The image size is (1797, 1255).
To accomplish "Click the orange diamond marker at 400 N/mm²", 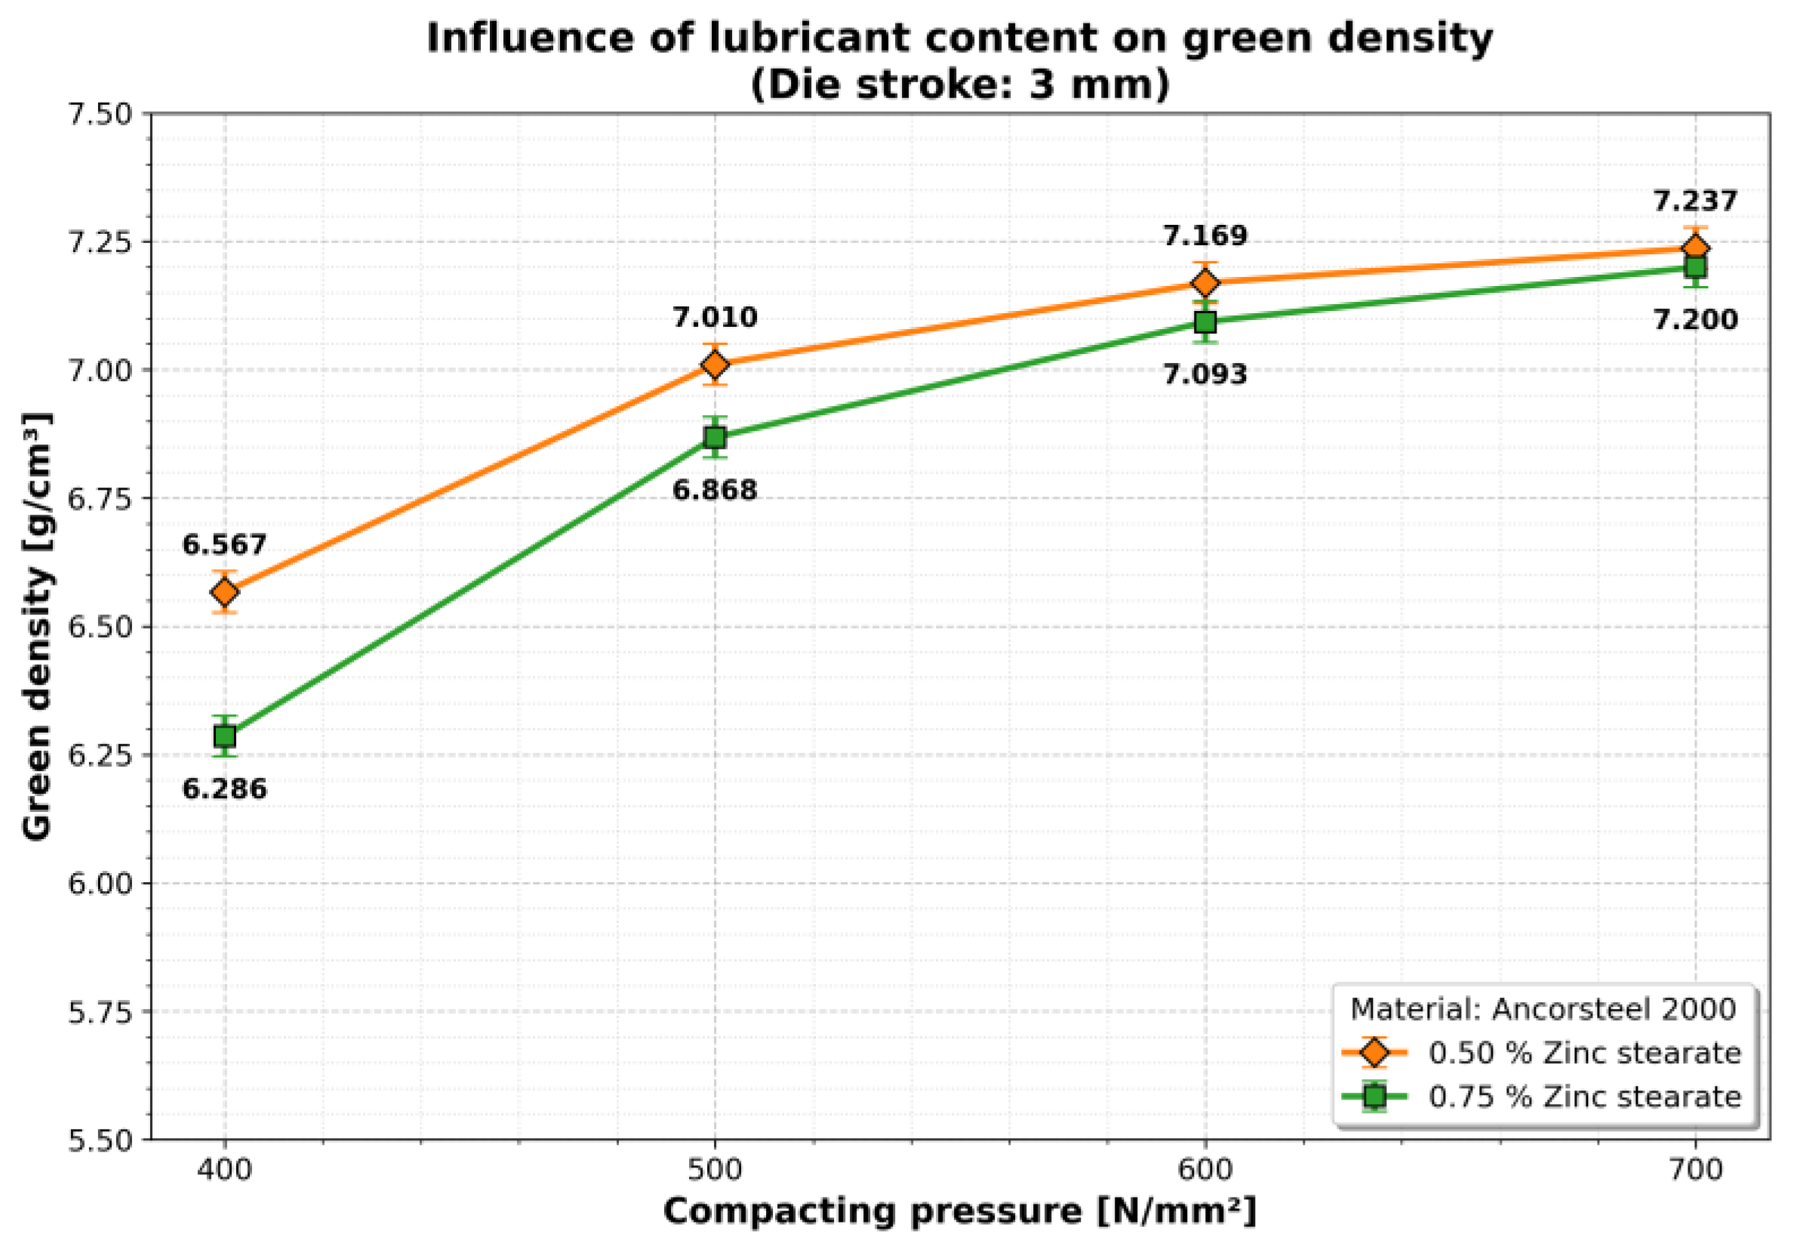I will click(225, 592).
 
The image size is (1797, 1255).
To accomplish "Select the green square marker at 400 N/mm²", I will click(225, 737).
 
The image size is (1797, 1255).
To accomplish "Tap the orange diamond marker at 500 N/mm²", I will click(715, 365).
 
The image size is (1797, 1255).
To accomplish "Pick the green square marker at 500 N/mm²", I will click(715, 438).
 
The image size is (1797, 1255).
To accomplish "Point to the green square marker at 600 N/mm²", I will click(1205, 321).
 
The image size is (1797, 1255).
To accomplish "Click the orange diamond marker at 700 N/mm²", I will click(1695, 248).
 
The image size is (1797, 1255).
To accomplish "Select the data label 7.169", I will click(1205, 235).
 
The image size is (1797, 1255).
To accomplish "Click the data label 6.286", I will click(225, 789).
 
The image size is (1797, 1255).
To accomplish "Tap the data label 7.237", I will click(1695, 201).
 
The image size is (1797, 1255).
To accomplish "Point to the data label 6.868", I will click(715, 491).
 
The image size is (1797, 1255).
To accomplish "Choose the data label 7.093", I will click(1205, 375).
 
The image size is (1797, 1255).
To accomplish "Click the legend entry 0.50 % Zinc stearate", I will click(1584, 1054).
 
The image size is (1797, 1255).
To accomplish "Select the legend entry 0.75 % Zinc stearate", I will click(1584, 1097).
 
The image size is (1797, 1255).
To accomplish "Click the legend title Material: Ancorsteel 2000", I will click(1543, 1009).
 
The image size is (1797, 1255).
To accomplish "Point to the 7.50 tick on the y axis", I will click(100, 114).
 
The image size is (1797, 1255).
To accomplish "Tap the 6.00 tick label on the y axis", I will click(100, 884).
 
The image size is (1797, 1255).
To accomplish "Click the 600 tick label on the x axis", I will click(1205, 1170).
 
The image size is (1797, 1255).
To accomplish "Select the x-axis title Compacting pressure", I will click(959, 1212).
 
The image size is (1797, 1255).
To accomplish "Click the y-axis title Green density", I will click(37, 626).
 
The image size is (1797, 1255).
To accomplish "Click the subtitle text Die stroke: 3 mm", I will click(959, 85).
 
